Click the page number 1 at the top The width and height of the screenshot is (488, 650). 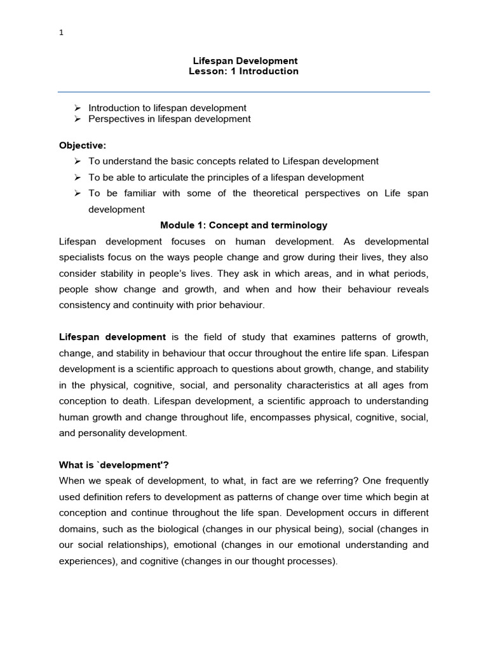point(61,34)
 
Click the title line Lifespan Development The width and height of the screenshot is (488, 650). point(245,61)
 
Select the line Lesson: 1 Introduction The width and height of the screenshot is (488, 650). point(243,71)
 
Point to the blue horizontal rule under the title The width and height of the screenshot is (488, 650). point(244,91)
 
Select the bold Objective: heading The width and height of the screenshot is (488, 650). point(83,145)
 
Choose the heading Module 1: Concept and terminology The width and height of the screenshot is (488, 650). point(244,225)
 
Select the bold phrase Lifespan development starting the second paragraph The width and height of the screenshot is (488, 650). point(112,336)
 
